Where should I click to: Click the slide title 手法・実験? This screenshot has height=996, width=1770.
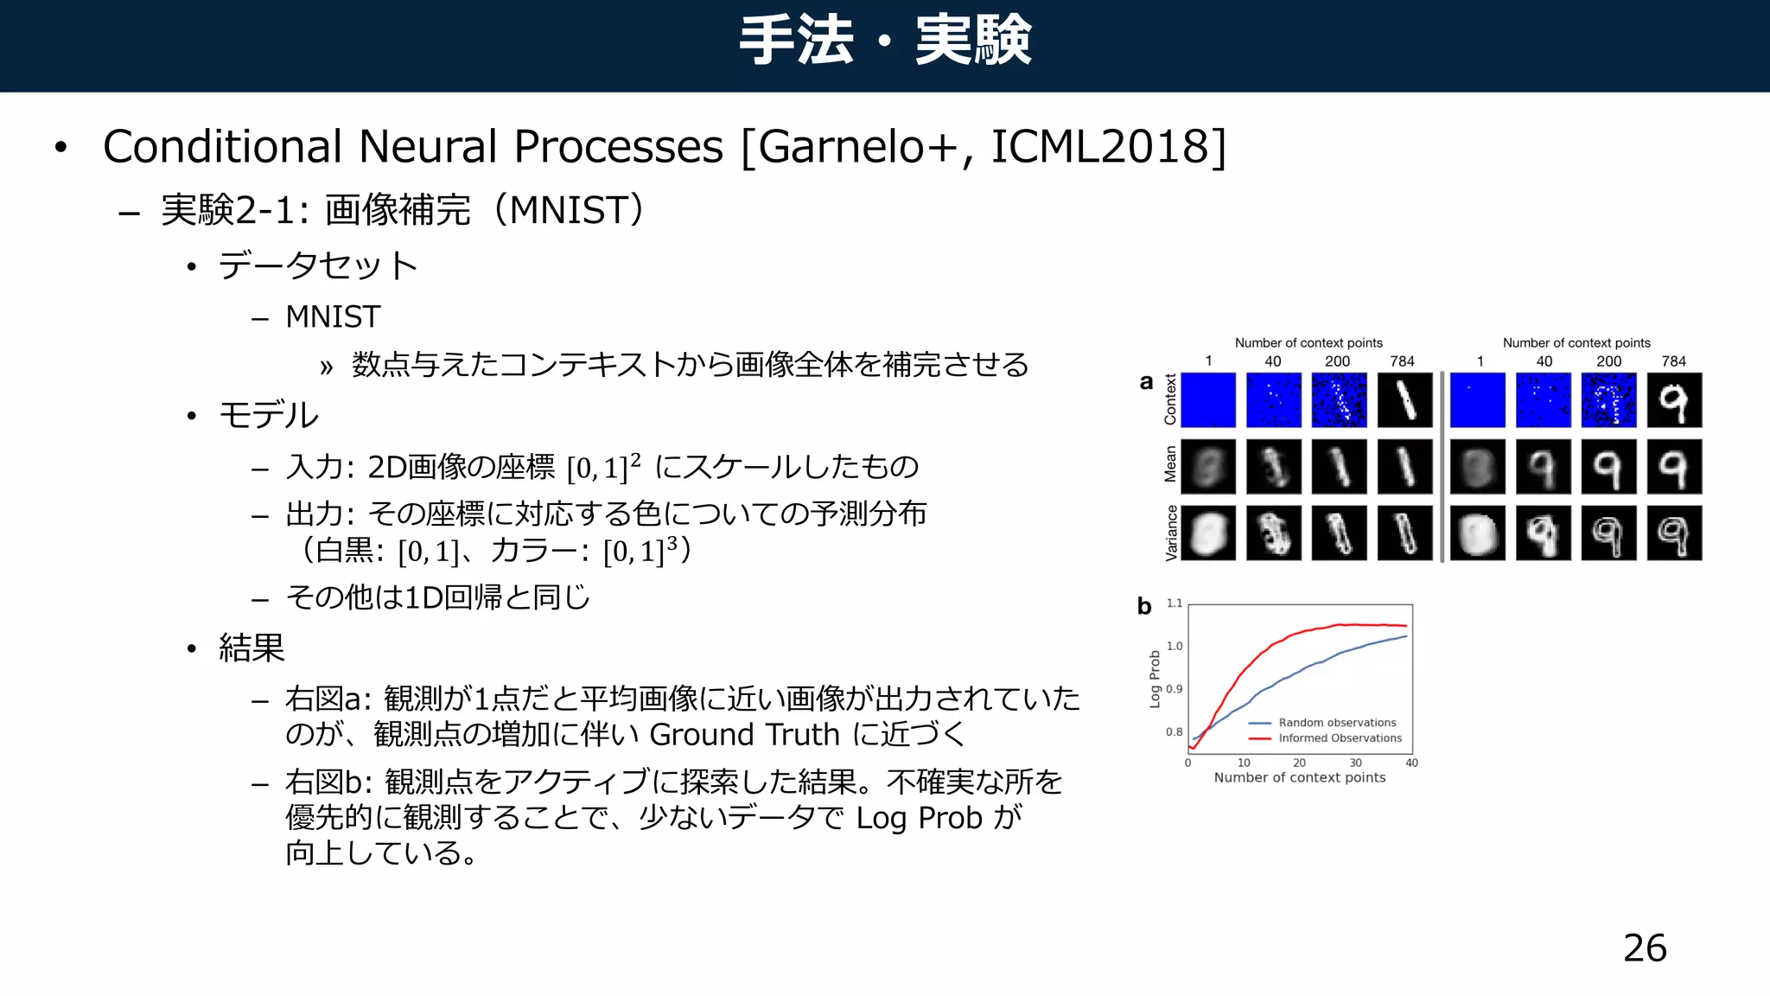coord(885,41)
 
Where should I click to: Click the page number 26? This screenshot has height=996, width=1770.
coord(1645,948)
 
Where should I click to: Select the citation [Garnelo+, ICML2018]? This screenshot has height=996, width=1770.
coord(984,146)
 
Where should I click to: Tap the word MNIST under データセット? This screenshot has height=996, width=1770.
coord(333,317)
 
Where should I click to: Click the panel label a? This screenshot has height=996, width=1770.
coord(1146,382)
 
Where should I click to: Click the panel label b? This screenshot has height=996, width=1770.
coord(1144,606)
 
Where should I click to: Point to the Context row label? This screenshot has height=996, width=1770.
coord(1170,399)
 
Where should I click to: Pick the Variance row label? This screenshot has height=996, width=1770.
coord(1171,533)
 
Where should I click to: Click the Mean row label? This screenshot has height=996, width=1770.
coord(1170,465)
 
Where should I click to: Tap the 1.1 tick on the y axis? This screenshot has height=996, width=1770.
coord(1174,603)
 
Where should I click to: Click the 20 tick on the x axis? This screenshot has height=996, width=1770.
coord(1299,763)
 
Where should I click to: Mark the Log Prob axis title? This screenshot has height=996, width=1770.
coord(1155,679)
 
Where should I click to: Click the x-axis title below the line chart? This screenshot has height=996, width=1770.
coord(1299,777)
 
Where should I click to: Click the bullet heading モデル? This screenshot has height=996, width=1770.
coord(269,415)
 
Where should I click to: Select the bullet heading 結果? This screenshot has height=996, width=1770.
coord(251,648)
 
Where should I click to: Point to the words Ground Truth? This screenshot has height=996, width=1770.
coord(744,735)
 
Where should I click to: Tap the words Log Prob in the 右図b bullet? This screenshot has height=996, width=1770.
coord(919,818)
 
